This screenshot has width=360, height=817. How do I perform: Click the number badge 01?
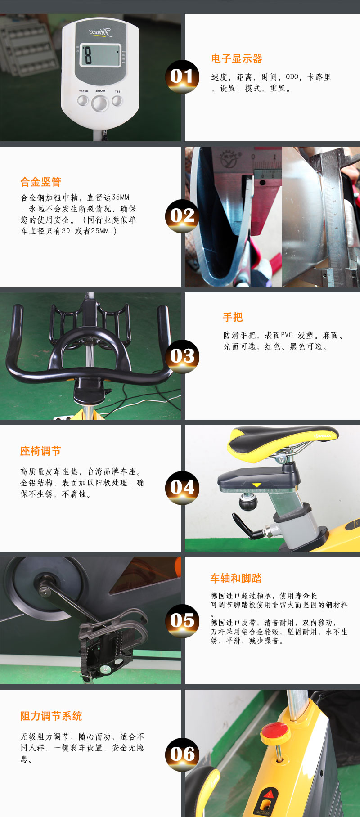point(182,76)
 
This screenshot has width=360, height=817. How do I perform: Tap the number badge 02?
point(182,216)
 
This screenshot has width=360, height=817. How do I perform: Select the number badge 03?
point(182,356)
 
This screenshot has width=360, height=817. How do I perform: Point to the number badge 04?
point(182,488)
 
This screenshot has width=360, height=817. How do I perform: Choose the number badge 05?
point(182,621)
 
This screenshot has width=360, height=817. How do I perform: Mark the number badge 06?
point(182,754)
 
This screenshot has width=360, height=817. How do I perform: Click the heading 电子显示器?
point(237,59)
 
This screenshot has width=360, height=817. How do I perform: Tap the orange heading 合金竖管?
point(40,182)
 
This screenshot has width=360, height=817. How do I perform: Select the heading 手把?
point(233,318)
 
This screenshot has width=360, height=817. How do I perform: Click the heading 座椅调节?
point(40,451)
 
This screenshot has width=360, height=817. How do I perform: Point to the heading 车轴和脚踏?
point(236,579)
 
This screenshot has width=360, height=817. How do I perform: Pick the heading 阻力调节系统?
point(51,716)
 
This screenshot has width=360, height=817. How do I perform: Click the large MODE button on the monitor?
point(100,103)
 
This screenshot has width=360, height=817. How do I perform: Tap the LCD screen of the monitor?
point(100,56)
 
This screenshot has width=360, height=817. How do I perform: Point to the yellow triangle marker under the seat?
point(256,485)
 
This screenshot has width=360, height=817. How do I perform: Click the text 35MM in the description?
point(121,198)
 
